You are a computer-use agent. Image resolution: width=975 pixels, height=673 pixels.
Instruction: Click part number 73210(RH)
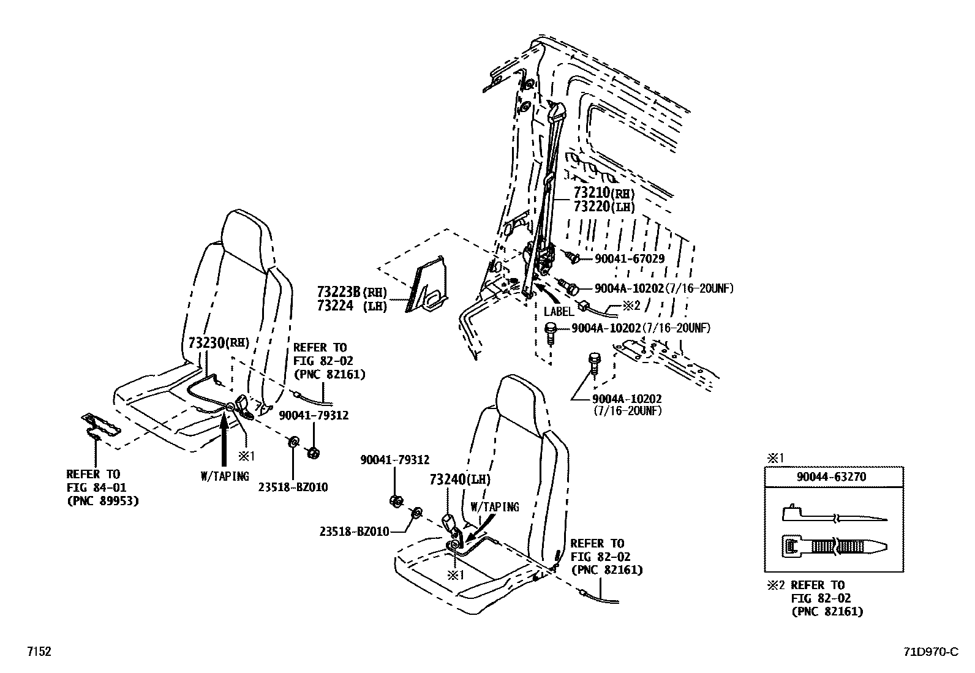click(x=604, y=193)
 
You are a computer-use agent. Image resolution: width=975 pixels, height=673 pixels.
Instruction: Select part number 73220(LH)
click(x=604, y=206)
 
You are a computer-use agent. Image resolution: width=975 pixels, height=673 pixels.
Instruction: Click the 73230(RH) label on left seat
click(x=219, y=343)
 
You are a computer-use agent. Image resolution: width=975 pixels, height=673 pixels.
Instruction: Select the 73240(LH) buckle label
click(x=460, y=479)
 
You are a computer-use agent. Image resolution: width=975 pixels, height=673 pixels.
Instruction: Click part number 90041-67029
click(x=629, y=258)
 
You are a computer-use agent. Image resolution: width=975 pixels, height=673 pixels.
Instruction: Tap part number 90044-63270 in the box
click(x=834, y=476)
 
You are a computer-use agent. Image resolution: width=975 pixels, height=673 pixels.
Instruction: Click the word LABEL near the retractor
click(x=559, y=312)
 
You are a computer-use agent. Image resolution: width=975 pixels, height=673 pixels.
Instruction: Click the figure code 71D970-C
click(x=928, y=652)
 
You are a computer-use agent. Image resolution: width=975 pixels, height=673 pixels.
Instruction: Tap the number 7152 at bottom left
click(x=38, y=652)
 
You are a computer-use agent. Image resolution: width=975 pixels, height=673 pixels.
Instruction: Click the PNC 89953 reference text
click(x=102, y=500)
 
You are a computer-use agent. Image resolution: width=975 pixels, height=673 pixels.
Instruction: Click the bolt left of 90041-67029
click(x=574, y=257)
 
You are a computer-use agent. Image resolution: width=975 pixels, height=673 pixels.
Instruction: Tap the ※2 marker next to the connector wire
click(x=631, y=304)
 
